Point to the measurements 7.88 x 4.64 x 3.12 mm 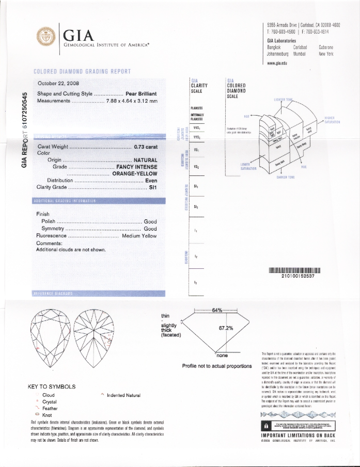131,101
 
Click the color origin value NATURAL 145,160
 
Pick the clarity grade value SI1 153,187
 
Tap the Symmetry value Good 150,229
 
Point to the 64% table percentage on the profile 217,310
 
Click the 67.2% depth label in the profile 226,328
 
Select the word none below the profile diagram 222,355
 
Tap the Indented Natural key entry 123,395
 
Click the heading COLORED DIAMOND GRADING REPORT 82,71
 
